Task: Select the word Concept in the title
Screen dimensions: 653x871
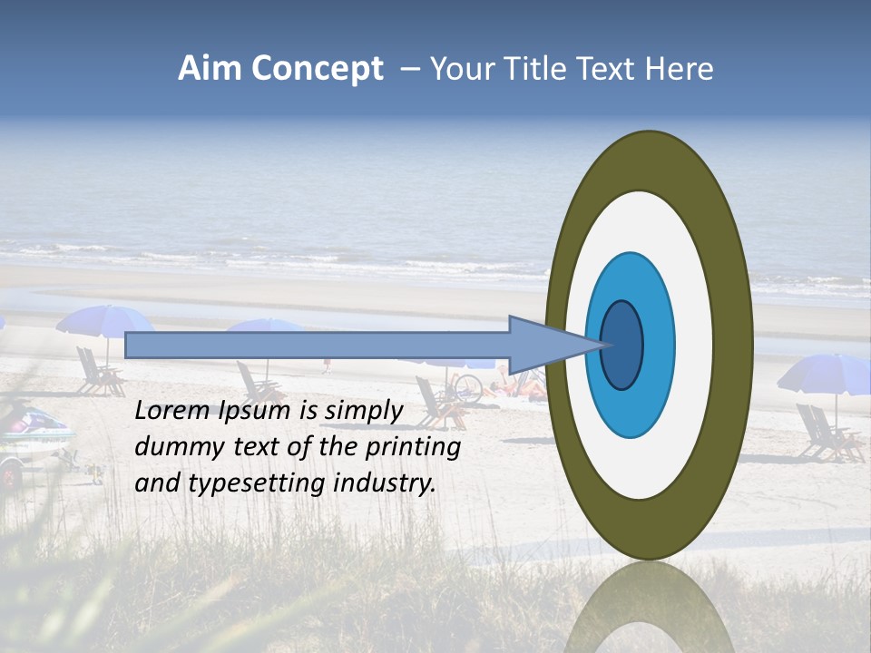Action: [x=318, y=70]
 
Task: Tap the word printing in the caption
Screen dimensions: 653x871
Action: [x=413, y=448]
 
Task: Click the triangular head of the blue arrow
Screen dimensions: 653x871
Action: [x=544, y=346]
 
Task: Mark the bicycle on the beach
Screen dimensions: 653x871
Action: [x=465, y=388]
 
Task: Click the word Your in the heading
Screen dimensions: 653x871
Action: [x=459, y=69]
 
